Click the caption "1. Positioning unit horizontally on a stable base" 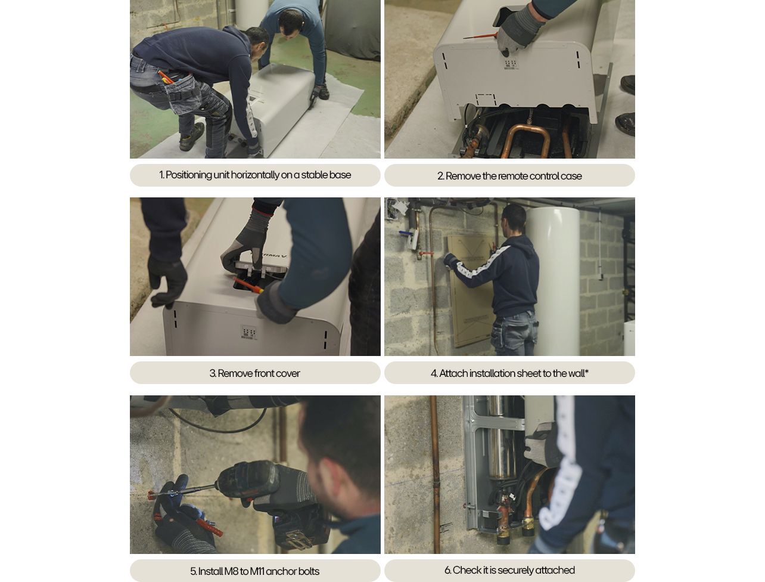[255, 175]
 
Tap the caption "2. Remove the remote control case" [509, 176]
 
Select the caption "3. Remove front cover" [255, 373]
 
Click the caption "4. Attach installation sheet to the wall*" [509, 373]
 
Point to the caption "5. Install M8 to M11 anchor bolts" [255, 571]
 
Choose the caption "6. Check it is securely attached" [509, 570]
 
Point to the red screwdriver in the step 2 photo [480, 36]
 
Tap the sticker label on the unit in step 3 [248, 333]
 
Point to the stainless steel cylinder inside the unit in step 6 [500, 441]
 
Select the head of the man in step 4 [514, 218]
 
